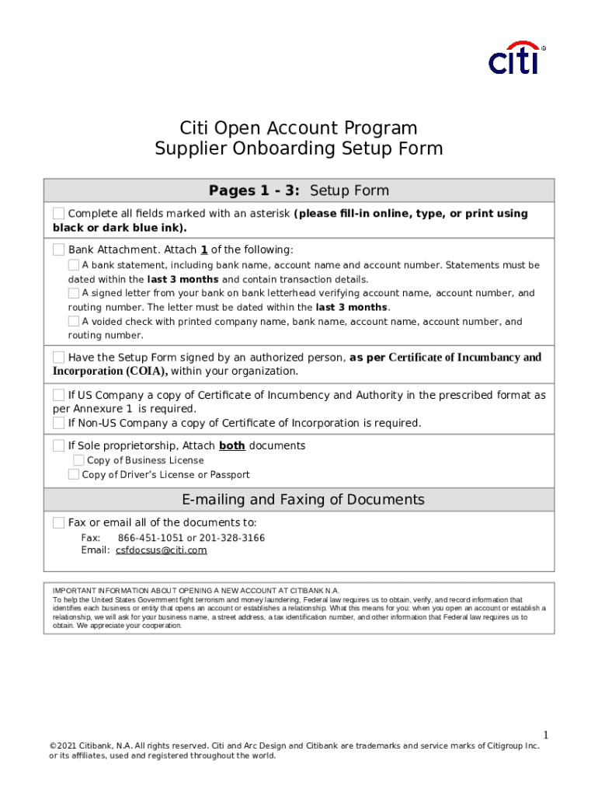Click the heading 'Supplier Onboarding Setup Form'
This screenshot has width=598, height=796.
[298, 148]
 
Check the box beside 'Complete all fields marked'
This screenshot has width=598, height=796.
[59, 214]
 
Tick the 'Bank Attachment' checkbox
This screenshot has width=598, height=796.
[59, 250]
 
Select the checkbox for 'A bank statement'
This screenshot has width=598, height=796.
[74, 265]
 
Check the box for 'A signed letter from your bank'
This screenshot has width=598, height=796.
[74, 293]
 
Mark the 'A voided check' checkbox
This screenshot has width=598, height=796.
[74, 321]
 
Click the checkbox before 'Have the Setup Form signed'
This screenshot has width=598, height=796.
[59, 357]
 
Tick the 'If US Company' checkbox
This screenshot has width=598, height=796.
[59, 395]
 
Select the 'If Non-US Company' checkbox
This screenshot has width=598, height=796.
[59, 423]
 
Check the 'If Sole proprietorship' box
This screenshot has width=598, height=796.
[59, 445]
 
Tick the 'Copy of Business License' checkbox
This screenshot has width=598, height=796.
[78, 460]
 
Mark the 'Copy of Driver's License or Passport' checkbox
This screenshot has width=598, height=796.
[74, 474]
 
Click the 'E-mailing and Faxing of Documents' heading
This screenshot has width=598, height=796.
[303, 499]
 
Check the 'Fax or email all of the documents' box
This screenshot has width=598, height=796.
[59, 522]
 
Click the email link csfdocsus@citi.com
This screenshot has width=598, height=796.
[162, 550]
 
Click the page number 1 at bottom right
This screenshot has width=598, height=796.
[546, 735]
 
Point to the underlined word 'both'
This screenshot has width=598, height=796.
[232, 445]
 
